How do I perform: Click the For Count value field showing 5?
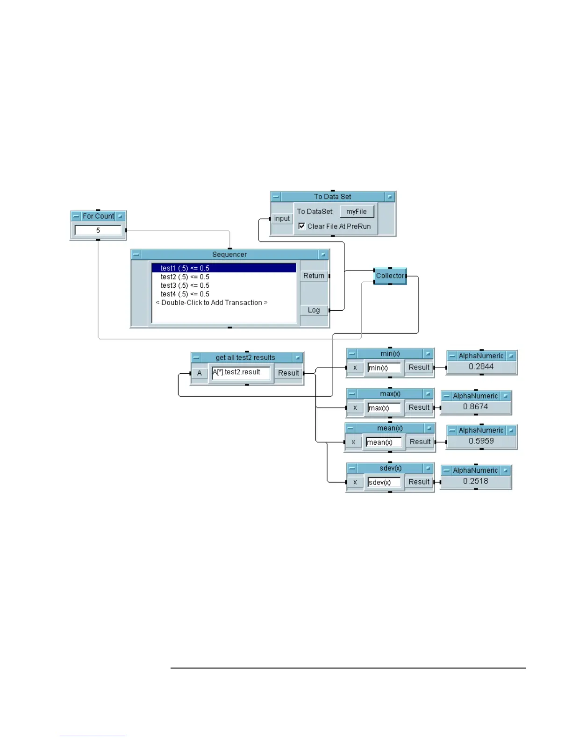[98, 230]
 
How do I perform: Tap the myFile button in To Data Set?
[357, 212]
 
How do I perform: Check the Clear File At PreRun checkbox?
[302, 226]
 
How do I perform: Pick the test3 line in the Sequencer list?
[185, 285]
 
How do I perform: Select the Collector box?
[390, 276]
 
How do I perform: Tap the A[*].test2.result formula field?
[241, 373]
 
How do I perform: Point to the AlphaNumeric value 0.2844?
[481, 367]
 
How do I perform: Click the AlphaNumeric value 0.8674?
[476, 407]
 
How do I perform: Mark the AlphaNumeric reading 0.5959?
[481, 441]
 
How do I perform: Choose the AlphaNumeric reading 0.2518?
[476, 481]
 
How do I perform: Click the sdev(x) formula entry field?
[384, 482]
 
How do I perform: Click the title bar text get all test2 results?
[245, 358]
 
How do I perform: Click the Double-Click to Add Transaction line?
[212, 303]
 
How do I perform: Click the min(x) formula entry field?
[384, 368]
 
